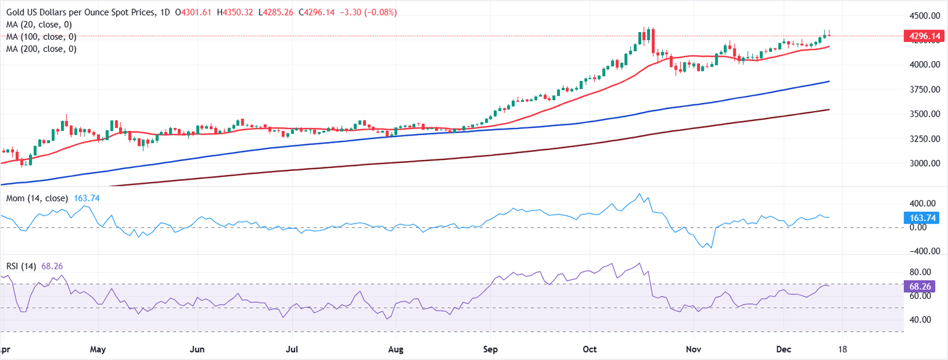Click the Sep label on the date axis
(x=491, y=350)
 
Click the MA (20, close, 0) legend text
(x=38, y=25)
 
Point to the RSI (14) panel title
(x=21, y=267)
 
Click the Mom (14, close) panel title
(x=37, y=199)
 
